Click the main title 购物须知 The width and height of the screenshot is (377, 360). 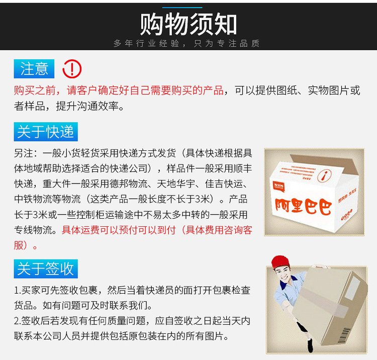[189, 24]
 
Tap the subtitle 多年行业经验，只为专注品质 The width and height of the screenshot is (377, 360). [186, 43]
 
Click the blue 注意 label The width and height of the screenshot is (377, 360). [34, 68]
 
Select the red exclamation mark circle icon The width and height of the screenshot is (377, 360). [72, 69]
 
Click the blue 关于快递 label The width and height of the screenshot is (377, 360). [46, 132]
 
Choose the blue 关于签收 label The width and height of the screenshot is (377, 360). [46, 268]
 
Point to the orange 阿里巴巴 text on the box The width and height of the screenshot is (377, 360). [304, 206]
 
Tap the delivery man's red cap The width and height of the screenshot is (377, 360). [280, 262]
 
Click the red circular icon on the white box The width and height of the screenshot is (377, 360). [325, 175]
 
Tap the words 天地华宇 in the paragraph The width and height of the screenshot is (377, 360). [176, 184]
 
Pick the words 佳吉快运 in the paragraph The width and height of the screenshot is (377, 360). [224, 184]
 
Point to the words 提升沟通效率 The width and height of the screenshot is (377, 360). [87, 106]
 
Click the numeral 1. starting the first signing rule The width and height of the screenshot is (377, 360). [18, 290]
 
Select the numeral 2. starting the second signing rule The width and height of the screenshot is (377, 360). [18, 321]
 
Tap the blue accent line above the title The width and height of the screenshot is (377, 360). [182, 8]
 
